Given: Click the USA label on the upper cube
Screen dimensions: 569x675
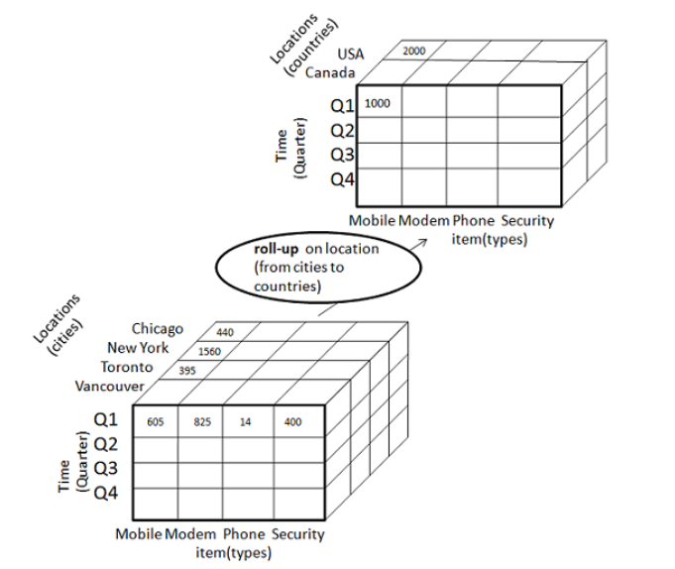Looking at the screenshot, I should tap(351, 54).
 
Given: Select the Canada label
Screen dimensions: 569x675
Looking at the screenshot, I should tap(330, 73).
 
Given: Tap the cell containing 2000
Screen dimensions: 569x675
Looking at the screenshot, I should tap(414, 51).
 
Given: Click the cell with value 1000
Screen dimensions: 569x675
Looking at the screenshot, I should tap(379, 102).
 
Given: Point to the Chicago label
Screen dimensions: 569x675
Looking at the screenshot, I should tap(158, 329).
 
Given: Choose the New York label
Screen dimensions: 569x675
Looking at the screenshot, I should tap(139, 348).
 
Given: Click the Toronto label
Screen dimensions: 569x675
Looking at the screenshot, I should tap(125, 367).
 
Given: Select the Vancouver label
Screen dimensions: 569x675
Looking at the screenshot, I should tap(109, 386).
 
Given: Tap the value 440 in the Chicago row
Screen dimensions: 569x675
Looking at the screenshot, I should tap(225, 332).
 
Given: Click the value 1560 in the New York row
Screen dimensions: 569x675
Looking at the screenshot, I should tap(209, 351).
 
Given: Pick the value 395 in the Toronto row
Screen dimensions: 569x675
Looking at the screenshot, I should tap(187, 370).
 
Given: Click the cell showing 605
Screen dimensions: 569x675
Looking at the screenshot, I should tap(155, 422).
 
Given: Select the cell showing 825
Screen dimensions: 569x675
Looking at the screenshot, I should tap(201, 422).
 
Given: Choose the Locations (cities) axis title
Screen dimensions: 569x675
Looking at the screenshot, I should tap(60, 322).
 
